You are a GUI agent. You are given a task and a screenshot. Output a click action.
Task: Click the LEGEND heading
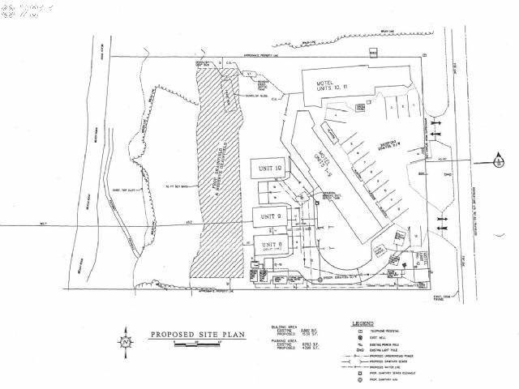(x=362, y=323)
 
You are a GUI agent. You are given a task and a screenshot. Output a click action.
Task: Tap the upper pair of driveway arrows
(x=439, y=126)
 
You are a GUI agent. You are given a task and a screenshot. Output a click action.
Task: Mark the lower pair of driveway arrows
(x=443, y=220)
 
